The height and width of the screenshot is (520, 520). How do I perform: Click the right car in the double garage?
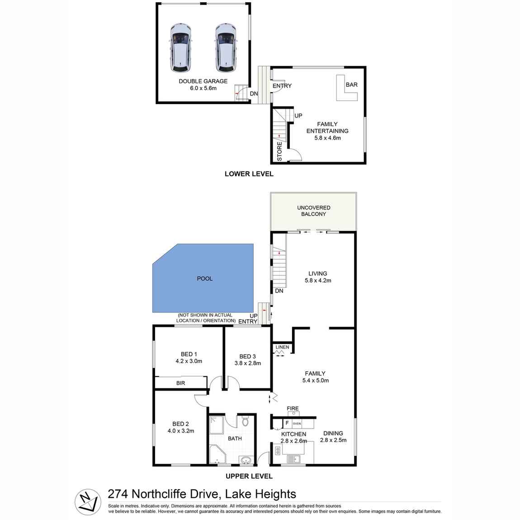[226, 47]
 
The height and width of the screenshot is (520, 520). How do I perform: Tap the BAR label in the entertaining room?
[351, 85]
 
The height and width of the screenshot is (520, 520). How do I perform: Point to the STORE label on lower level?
[279, 152]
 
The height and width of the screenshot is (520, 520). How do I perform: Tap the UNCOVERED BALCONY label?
[313, 211]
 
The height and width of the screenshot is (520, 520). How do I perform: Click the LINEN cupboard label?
[282, 347]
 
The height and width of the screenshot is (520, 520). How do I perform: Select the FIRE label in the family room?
[293, 409]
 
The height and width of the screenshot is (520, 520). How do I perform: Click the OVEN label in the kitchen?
[297, 424]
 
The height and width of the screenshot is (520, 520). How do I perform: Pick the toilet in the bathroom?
[246, 422]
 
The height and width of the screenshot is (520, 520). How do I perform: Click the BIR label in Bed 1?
[180, 383]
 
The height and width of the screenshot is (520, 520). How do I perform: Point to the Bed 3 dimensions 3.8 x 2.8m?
[247, 363]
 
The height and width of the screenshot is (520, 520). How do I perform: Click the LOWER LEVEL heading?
[249, 174]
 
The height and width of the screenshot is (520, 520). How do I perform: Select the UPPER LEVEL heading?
[249, 476]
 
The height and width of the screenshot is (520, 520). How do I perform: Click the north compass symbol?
[87, 502]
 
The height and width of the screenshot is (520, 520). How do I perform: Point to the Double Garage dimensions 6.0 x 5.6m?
[203, 88]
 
